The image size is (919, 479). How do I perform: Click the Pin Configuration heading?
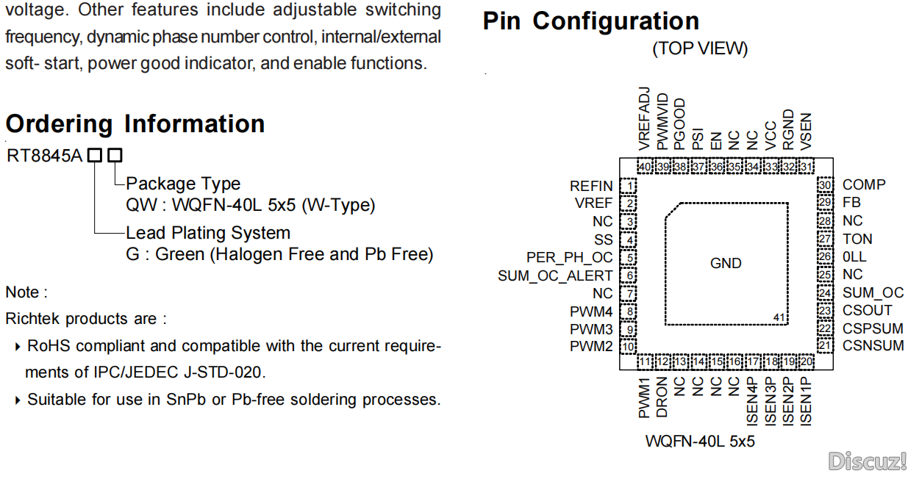coord(590,21)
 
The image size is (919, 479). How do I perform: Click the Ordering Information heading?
coord(135,123)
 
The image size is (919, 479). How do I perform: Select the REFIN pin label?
coord(591,186)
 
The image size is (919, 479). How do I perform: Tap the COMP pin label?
coord(864,185)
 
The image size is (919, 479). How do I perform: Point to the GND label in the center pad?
coord(726,263)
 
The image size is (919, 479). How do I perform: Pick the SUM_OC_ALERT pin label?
coord(555,276)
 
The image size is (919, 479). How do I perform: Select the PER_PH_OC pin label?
coord(570,258)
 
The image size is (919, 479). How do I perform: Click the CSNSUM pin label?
coord(873,345)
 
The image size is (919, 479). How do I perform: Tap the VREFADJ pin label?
coord(645,118)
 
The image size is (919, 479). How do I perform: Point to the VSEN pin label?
coord(807,132)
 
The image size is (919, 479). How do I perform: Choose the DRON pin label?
coord(662,397)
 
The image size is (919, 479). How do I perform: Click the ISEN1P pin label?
coord(807,401)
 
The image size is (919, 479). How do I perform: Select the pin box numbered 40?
coord(645,168)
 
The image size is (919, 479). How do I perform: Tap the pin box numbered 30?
coord(826,185)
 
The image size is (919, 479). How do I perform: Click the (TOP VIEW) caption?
coord(700,49)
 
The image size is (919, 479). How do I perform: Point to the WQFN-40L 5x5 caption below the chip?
coord(700,442)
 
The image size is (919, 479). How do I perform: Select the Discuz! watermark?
coord(868,461)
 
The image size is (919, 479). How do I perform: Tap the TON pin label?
coord(857,239)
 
